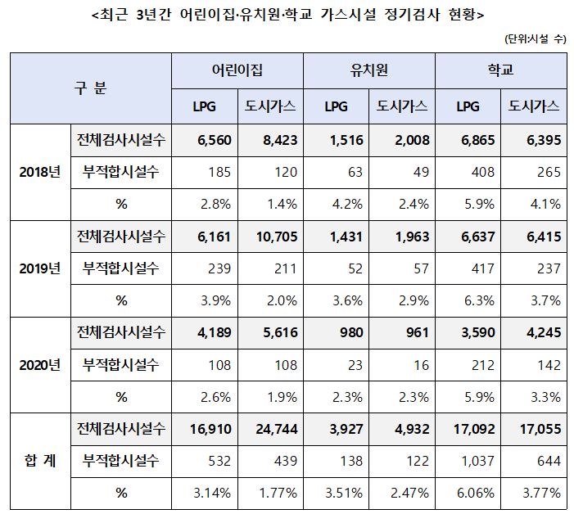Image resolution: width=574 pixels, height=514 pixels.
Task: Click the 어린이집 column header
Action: coord(237,70)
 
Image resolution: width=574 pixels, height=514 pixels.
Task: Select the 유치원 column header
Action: coord(369,70)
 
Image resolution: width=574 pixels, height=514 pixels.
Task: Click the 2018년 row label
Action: coord(39,172)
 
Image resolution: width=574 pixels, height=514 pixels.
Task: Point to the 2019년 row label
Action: coord(39,268)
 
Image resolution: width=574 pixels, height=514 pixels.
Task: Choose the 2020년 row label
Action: coord(39,364)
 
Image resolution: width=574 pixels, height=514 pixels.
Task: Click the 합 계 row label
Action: coord(39,461)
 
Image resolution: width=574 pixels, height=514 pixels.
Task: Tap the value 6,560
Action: coord(215,140)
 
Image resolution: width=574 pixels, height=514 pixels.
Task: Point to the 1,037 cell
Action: coord(472,461)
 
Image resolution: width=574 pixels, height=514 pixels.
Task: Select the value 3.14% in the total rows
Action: coord(213,493)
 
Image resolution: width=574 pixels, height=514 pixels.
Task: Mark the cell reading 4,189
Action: coord(215,332)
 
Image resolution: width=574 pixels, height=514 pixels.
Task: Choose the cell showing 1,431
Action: coord(342,237)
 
